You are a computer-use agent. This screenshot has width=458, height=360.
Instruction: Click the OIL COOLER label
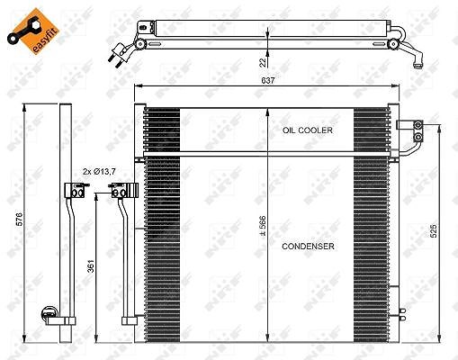click(x=308, y=130)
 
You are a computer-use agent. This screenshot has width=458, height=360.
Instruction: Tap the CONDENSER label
click(x=308, y=247)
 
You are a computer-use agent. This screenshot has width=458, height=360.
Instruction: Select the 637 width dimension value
click(x=268, y=80)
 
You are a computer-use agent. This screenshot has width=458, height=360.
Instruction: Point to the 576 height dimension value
click(x=20, y=220)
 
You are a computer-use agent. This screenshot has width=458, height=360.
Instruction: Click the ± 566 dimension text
click(x=263, y=225)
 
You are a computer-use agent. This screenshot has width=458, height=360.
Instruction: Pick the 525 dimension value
click(x=434, y=230)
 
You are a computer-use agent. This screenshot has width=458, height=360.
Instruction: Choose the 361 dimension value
click(x=91, y=266)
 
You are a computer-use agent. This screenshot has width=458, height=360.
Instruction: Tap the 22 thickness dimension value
click(x=263, y=62)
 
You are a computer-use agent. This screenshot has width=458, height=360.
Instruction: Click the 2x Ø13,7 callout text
click(x=99, y=172)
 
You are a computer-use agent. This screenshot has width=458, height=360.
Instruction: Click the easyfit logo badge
click(x=33, y=31)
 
